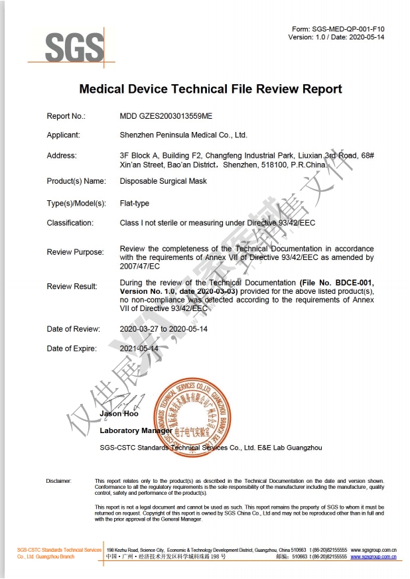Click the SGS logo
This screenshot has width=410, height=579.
[x=75, y=46]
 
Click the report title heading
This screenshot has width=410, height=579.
[x=210, y=89]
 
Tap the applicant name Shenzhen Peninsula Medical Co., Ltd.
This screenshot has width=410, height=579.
[x=183, y=135]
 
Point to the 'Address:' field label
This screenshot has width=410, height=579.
[x=62, y=155]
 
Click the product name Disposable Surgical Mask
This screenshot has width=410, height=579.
[x=163, y=181]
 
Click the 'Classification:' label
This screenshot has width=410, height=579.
[x=70, y=223]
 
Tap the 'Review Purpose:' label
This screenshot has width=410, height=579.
[x=75, y=252]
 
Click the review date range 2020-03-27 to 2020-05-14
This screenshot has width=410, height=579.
[x=174, y=329]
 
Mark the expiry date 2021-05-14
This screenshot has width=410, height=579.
[x=139, y=348]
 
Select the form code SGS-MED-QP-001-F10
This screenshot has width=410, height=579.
[x=348, y=29]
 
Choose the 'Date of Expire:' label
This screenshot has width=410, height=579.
[x=72, y=348]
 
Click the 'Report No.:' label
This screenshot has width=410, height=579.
[x=66, y=116]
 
